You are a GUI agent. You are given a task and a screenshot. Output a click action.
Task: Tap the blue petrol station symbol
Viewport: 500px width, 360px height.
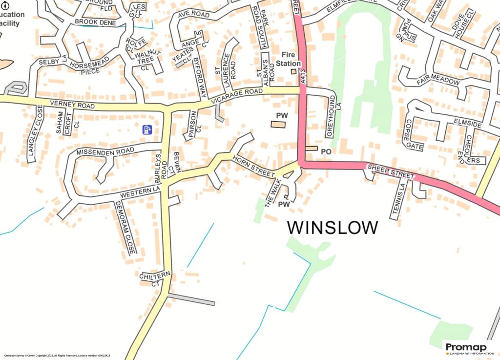point(147,129)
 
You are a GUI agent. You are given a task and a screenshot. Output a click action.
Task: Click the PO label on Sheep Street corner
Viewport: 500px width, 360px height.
point(326,152)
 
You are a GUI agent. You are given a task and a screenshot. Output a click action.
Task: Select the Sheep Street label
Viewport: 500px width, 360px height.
point(390,171)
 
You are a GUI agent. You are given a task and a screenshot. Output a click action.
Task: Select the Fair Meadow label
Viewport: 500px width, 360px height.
point(438,81)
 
